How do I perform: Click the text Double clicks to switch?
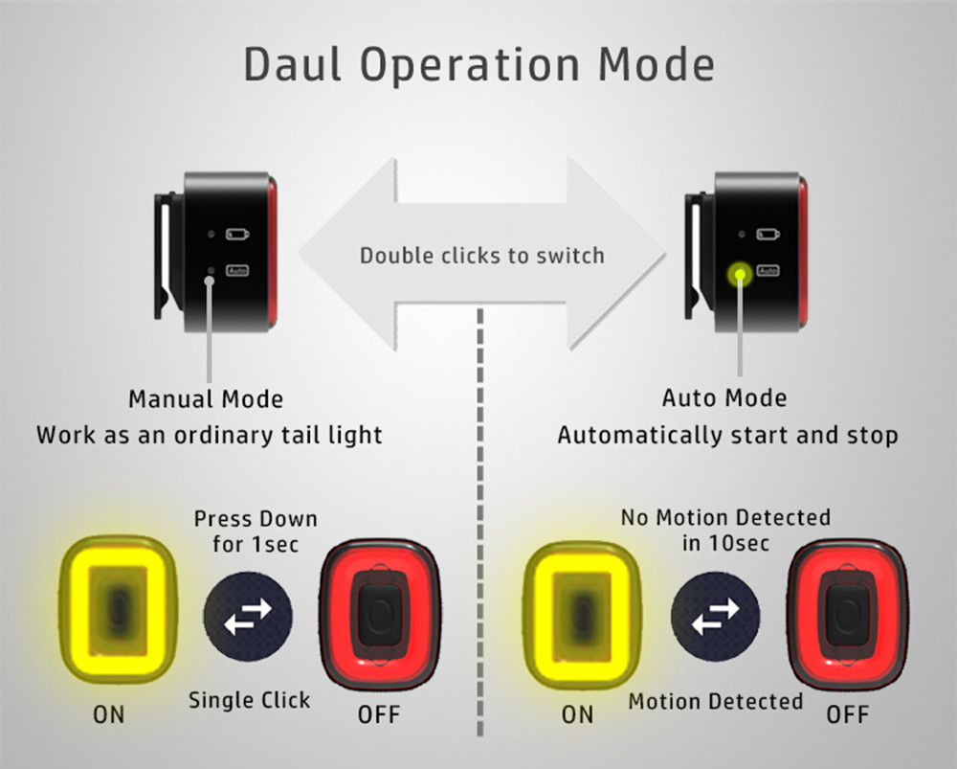pyautogui.click(x=481, y=256)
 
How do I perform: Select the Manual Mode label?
pyautogui.click(x=206, y=397)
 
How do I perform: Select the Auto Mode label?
pyautogui.click(x=724, y=397)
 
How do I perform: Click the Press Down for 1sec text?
pyautogui.click(x=256, y=532)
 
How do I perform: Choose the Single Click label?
pyautogui.click(x=249, y=700)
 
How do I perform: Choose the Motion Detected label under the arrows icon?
pyautogui.click(x=715, y=701)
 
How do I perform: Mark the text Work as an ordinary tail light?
pyautogui.click(x=210, y=435)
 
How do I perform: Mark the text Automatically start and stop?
pyautogui.click(x=727, y=436)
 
